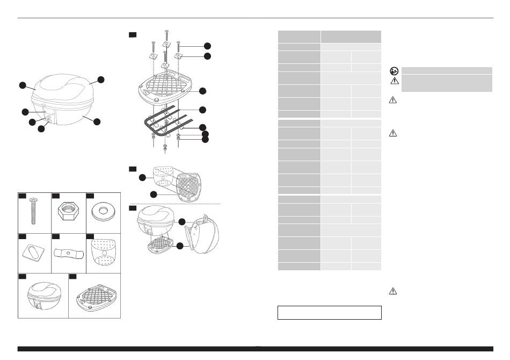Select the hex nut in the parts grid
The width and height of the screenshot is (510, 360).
(x=68, y=211)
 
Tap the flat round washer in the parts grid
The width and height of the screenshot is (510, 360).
(x=103, y=211)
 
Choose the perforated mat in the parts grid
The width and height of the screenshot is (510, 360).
(x=103, y=253)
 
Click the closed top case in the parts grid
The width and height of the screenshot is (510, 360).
(x=43, y=297)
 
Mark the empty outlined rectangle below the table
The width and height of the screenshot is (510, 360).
(x=329, y=313)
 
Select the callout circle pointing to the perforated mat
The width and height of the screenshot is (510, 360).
(x=143, y=177)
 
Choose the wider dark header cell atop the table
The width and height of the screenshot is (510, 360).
(x=351, y=37)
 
